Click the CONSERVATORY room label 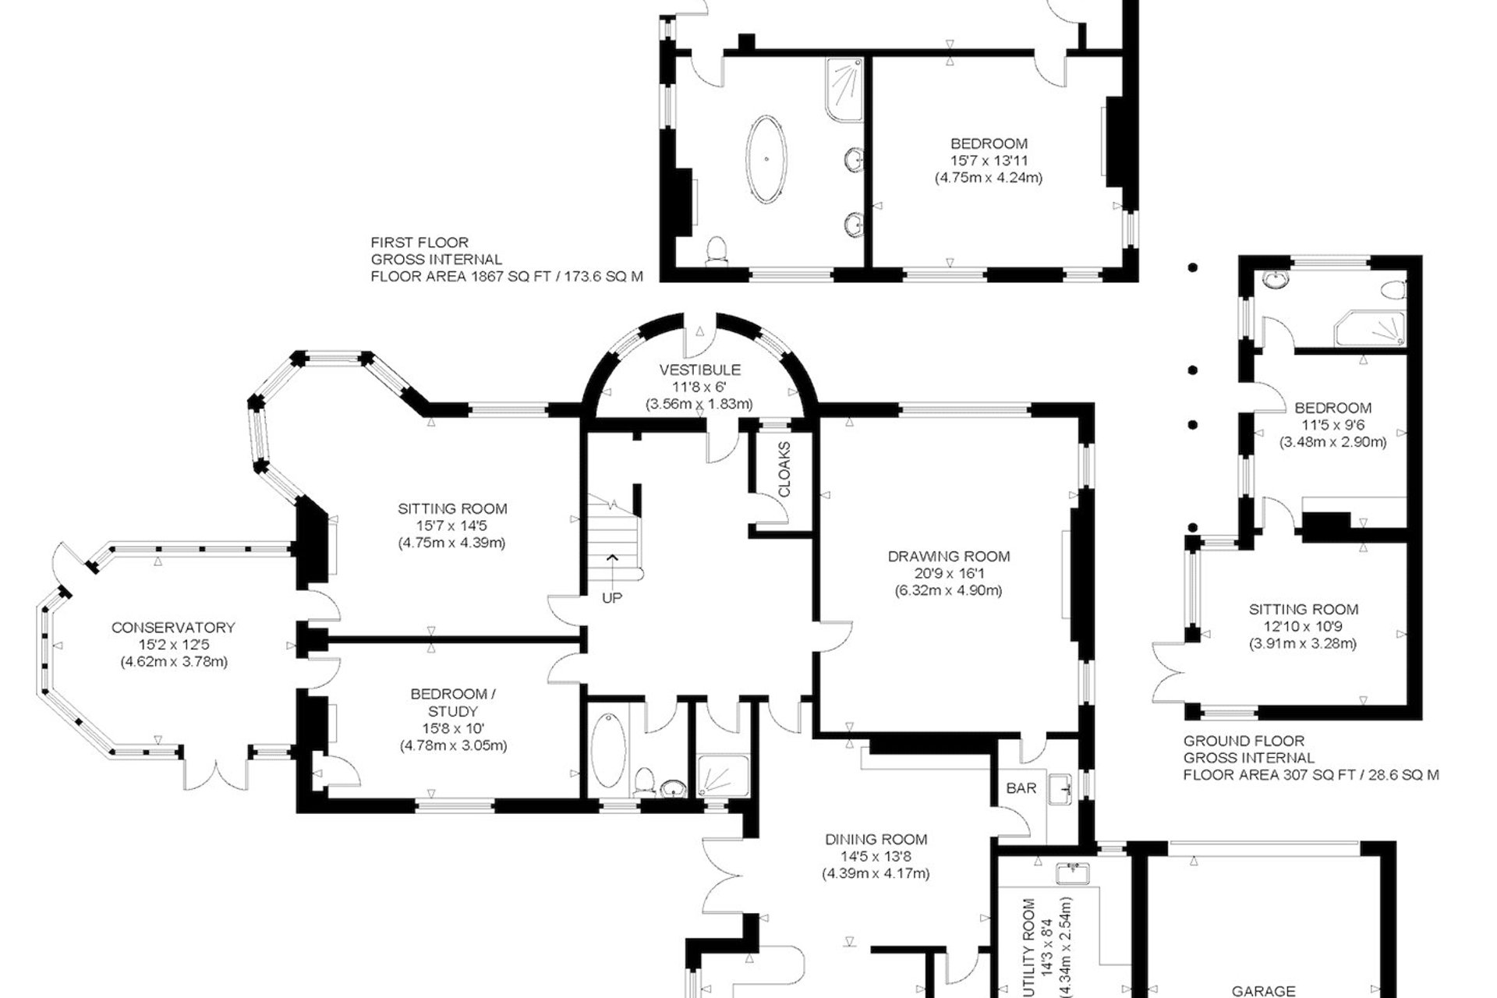173,628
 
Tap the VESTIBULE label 700,370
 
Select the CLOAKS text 784,470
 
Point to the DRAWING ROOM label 949,557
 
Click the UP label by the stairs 612,598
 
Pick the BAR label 1021,788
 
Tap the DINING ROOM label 876,840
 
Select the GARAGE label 1264,991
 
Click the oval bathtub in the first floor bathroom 767,159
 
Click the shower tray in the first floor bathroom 843,90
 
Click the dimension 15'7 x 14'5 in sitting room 452,526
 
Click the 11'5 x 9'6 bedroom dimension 1332,425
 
